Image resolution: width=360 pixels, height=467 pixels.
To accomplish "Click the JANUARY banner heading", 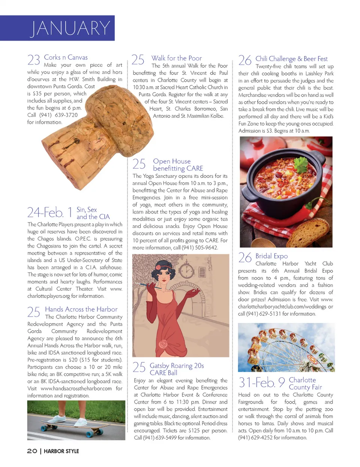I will pos(70,28).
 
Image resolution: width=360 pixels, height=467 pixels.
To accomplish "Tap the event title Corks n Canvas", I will pos(66,57).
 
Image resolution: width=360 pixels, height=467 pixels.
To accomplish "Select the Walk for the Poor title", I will pos(176,58).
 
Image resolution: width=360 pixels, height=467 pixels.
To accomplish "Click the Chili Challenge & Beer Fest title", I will pos(291,59).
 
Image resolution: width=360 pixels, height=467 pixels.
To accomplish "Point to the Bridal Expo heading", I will pos(271,256).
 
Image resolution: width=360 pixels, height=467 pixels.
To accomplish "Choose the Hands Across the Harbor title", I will pos(81,309).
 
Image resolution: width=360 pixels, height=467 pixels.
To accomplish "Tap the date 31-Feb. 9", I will pos(262,383).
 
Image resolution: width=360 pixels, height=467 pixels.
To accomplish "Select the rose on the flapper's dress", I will pos(163,344).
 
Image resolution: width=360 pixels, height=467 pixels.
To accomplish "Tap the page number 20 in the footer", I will pos(32,451).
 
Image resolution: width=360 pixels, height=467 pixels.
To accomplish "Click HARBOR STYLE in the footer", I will pos(61,451).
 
